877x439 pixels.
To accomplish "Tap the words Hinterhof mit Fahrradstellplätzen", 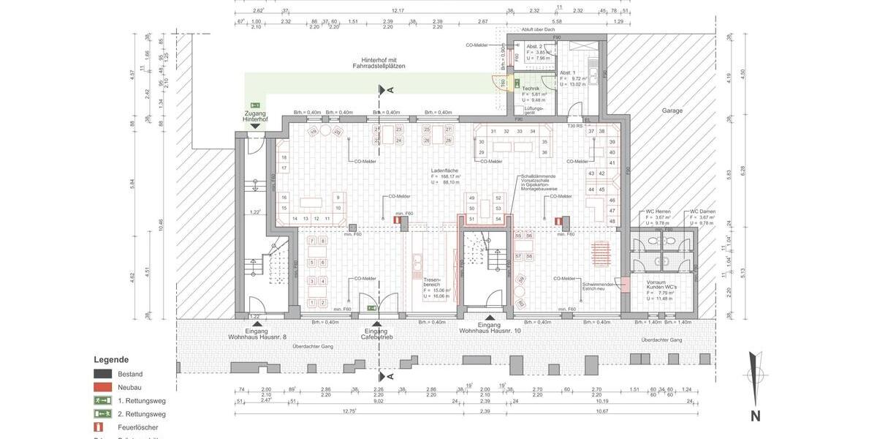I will click(x=379, y=63).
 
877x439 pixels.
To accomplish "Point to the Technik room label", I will click(x=531, y=88).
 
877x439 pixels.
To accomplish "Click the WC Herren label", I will click(x=658, y=211).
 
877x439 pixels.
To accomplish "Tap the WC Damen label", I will click(x=702, y=211).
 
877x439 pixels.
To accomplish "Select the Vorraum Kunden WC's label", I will click(x=661, y=285).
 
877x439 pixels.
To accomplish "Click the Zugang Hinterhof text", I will click(x=255, y=116).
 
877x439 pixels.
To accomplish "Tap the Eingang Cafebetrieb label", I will click(x=377, y=334).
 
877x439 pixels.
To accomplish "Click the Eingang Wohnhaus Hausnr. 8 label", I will click(x=257, y=334).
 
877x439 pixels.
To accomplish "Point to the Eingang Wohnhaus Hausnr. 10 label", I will click(x=490, y=328).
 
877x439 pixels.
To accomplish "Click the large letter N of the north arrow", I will click(x=755, y=416).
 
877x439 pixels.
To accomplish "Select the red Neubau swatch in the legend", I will click(x=102, y=387).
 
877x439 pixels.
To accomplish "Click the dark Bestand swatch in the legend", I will click(x=102, y=374).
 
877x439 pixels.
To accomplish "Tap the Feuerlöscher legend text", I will click(x=137, y=427).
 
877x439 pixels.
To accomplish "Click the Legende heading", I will click(x=111, y=359).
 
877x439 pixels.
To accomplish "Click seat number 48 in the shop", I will click(x=612, y=221).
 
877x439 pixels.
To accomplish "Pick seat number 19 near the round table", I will click(x=313, y=132).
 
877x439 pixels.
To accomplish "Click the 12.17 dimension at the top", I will click(x=397, y=11).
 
